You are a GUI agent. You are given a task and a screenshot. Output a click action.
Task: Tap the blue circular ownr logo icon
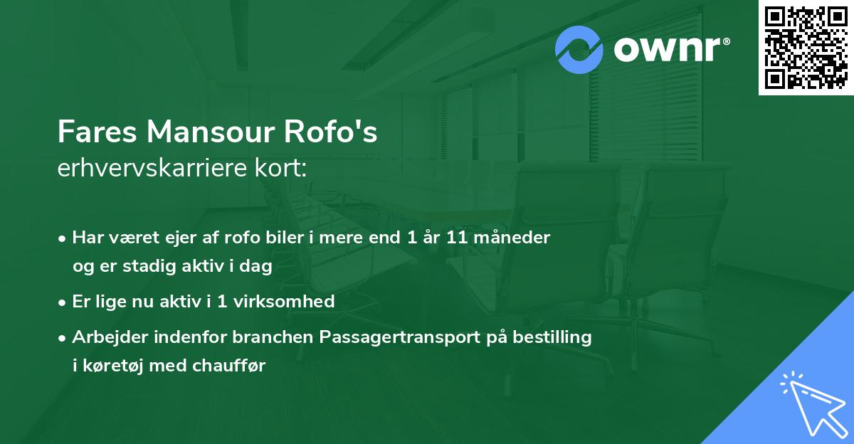[580, 50]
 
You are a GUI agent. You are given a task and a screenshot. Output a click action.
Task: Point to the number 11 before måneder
[456, 238]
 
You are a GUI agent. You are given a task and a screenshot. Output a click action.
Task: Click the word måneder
[512, 238]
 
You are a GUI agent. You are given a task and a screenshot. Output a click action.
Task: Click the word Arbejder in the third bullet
[105, 337]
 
